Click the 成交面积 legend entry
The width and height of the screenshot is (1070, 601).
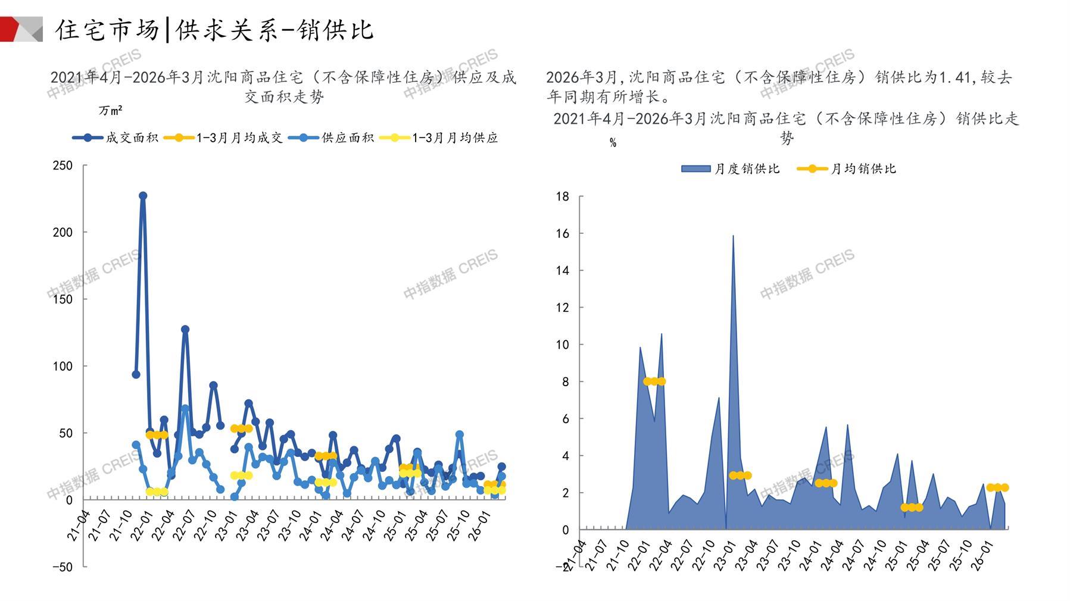click(x=116, y=138)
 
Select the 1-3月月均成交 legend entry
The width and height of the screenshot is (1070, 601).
click(x=223, y=138)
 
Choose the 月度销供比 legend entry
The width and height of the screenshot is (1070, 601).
click(x=731, y=169)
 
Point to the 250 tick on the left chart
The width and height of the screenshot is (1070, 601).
click(x=63, y=165)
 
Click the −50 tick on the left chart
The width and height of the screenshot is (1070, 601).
click(x=63, y=567)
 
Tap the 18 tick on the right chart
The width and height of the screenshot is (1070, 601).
click(x=562, y=197)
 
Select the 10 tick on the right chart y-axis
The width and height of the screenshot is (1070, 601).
click(x=562, y=345)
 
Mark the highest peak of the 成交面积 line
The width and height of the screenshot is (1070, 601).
click(x=143, y=196)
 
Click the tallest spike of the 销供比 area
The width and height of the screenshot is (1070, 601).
click(x=733, y=236)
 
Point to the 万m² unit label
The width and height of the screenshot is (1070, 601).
click(x=110, y=111)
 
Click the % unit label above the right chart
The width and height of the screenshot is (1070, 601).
click(x=613, y=143)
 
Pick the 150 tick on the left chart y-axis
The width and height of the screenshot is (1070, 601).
click(x=63, y=299)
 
